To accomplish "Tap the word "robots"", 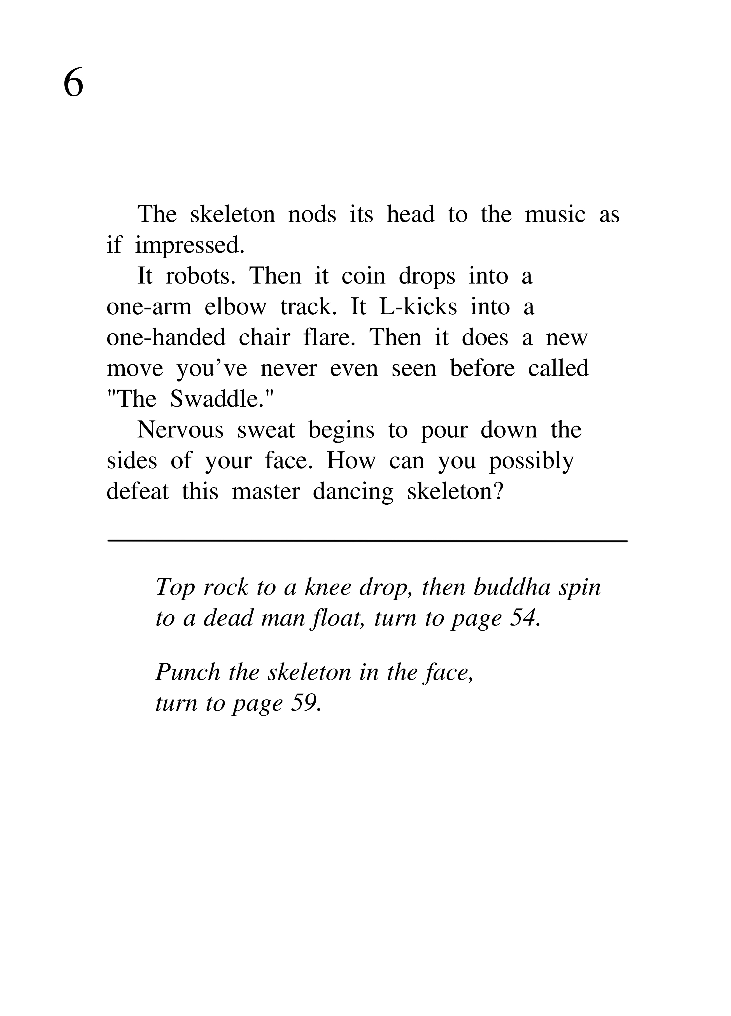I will click(200, 276).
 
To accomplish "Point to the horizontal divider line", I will click(367, 541).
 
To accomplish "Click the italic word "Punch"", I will click(188, 672).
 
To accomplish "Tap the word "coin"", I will click(363, 276).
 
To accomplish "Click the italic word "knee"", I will click(328, 587).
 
